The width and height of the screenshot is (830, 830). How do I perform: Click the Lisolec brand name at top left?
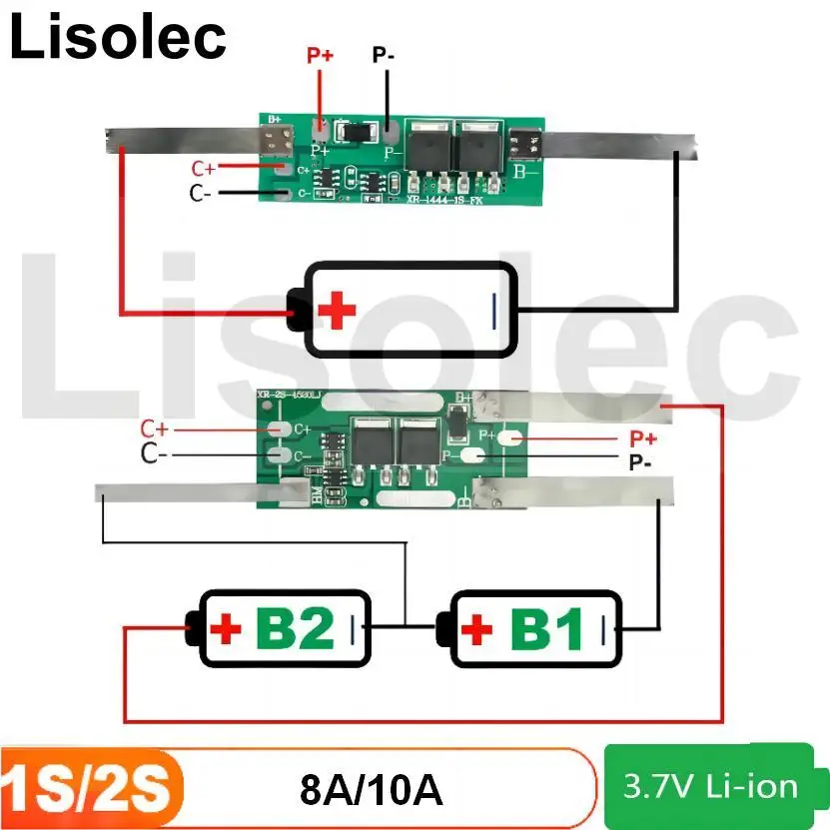pos(118,37)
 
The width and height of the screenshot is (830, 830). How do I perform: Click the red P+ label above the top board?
pos(320,56)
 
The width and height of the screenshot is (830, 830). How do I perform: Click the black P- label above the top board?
pos(384,55)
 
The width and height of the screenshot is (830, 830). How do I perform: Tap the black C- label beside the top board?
pos(200,193)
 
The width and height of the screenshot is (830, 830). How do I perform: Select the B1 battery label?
pos(546,629)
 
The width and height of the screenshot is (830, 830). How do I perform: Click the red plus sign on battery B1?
pos(477,629)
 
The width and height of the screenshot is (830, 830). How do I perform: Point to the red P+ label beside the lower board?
pos(642,438)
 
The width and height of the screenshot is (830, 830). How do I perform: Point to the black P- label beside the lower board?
pos(640,462)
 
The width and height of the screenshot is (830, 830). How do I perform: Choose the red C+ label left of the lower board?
pos(155,428)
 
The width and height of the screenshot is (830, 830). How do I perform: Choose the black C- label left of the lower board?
pos(154,454)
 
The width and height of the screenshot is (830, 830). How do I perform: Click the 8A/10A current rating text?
pos(371,790)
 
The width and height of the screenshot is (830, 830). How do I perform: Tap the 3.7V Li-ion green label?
pos(710,786)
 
